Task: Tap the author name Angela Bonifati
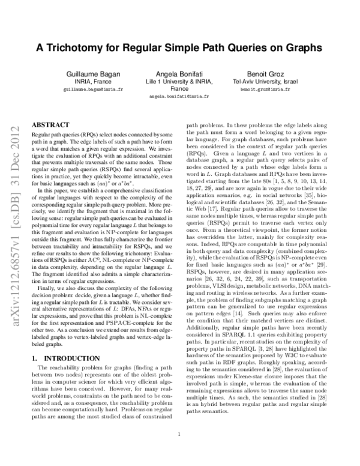click(x=180, y=74)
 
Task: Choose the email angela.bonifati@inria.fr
click(x=180, y=95)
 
